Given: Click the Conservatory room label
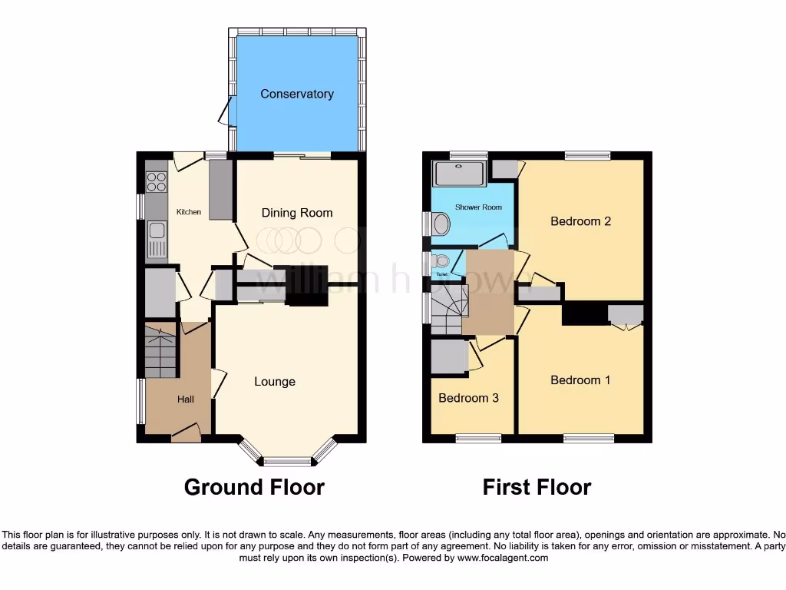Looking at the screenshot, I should tap(296, 94).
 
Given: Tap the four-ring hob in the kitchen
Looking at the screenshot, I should tap(157, 182).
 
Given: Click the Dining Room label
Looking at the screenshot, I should tap(297, 213).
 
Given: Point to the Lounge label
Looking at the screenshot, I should tap(275, 382).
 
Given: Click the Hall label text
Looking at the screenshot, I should tap(186, 399).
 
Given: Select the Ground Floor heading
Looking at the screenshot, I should tap(254, 487).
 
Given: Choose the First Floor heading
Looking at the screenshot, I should tap(537, 487).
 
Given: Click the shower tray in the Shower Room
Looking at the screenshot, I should tap(460, 174).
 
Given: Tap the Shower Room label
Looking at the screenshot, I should tap(478, 207).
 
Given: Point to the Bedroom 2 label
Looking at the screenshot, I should tap(580, 221).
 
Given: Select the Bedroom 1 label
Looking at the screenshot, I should tap(580, 380).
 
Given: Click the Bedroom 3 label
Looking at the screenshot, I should tap(468, 398).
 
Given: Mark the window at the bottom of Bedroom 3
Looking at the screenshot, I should tap(478, 439).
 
